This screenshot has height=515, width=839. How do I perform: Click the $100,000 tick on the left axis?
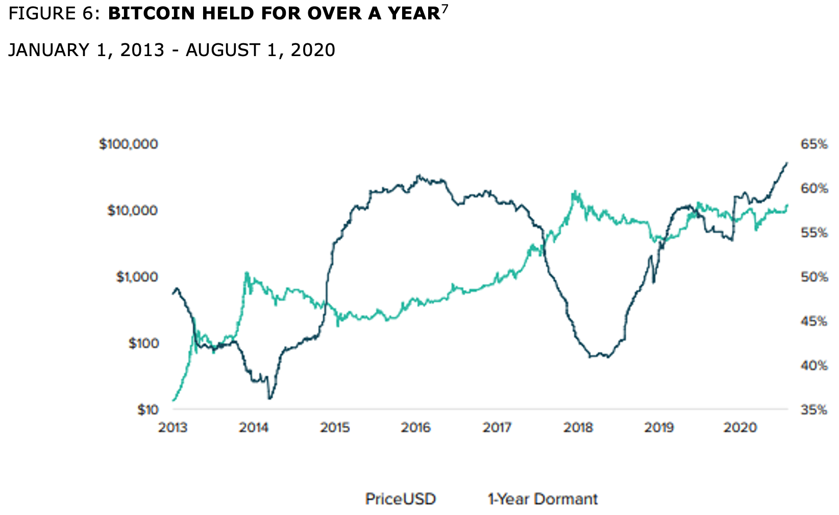(x=128, y=144)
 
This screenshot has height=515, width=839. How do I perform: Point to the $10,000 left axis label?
(x=132, y=211)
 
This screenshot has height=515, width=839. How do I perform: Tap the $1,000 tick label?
(x=137, y=277)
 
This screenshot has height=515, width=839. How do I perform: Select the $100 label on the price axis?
(x=143, y=343)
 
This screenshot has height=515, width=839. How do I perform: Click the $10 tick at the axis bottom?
(x=147, y=409)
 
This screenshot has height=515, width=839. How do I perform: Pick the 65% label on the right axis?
(x=813, y=144)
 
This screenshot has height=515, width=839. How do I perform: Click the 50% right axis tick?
(x=813, y=277)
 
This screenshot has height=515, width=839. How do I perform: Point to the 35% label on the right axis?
(x=813, y=409)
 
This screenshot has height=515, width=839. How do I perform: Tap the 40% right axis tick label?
(x=813, y=366)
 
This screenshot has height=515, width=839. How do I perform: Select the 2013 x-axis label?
(x=173, y=427)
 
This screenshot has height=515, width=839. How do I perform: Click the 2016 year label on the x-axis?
(x=416, y=427)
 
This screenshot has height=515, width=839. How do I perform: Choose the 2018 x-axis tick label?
(x=578, y=427)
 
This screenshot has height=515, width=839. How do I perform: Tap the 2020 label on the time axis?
(x=739, y=427)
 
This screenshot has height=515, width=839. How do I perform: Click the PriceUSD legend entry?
(x=401, y=499)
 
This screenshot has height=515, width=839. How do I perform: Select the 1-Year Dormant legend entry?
(x=542, y=499)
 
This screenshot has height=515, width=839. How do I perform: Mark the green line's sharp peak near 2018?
(x=575, y=192)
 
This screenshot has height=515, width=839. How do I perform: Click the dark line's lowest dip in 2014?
(x=269, y=398)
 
